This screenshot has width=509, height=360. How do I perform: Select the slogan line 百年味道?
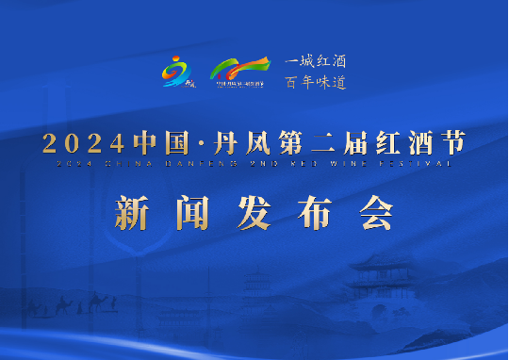point(316,82)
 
